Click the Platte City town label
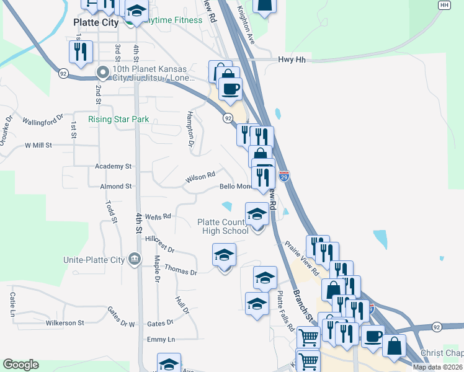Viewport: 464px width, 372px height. tap(96, 22)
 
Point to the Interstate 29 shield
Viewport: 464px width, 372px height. tap(284, 177)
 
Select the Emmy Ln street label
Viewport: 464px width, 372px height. tap(161, 339)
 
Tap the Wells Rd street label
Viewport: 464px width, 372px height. tap(158, 216)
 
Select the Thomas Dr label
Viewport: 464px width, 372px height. tap(181, 270)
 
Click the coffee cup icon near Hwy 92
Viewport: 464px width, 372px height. tap(230, 89)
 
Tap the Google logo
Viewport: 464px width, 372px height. tap(20, 365)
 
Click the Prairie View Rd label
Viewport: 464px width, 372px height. tap(302, 258)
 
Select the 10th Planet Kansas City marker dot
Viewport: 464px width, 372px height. tap(101, 73)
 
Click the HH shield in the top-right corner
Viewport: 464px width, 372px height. tap(444, 5)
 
